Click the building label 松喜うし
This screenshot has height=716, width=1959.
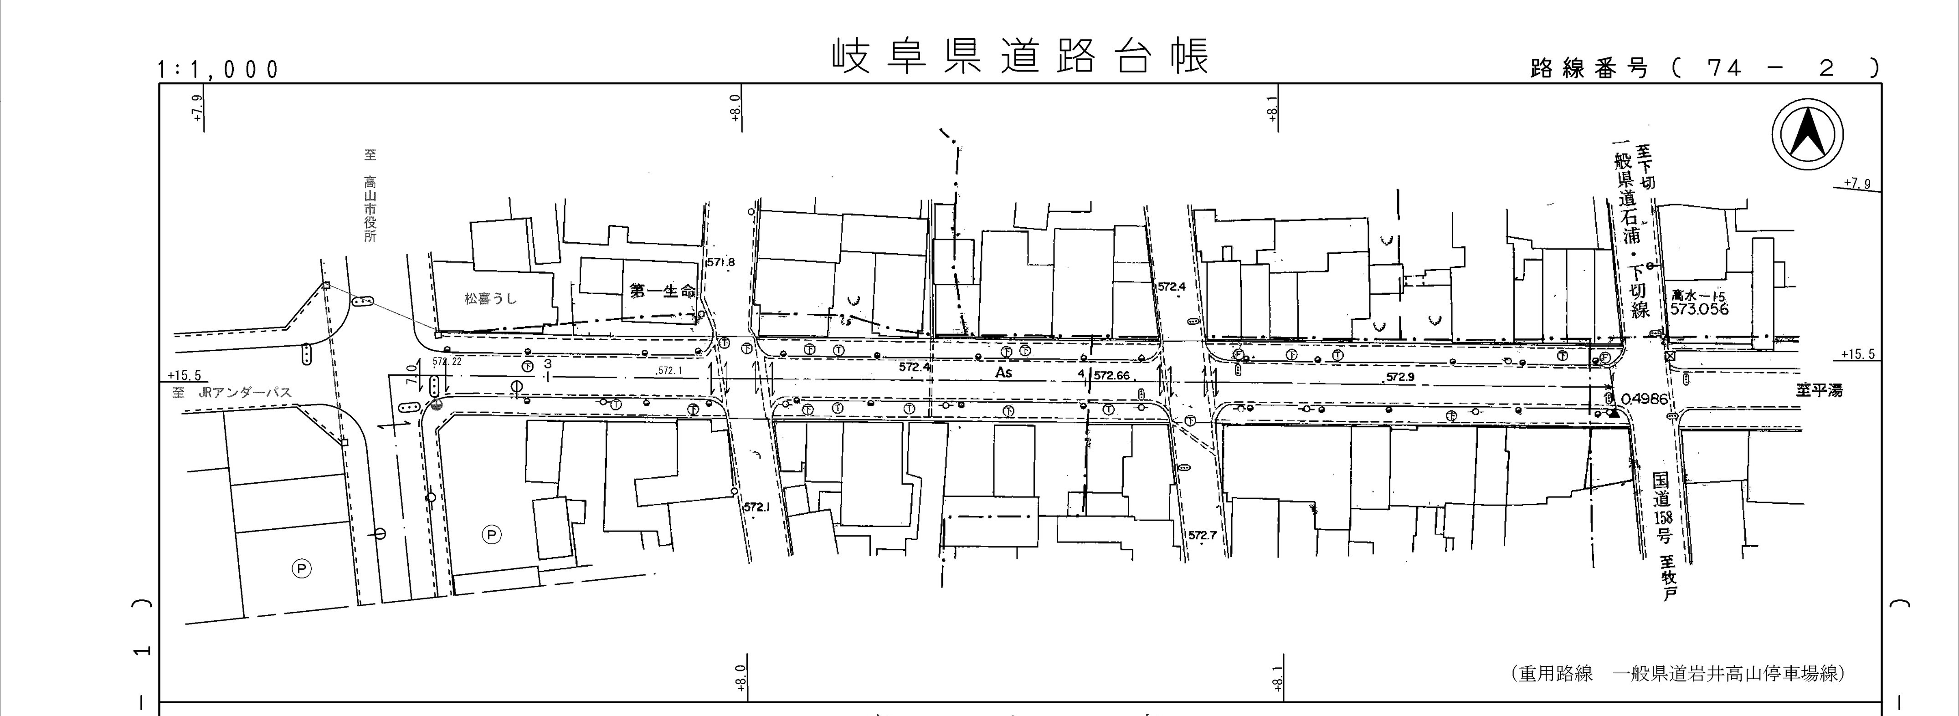tap(490, 299)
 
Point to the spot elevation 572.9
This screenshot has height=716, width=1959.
tap(1400, 376)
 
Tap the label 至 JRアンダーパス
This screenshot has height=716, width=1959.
tap(232, 393)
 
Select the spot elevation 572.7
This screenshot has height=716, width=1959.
tap(1202, 535)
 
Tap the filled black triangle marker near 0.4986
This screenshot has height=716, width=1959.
tap(1613, 414)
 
